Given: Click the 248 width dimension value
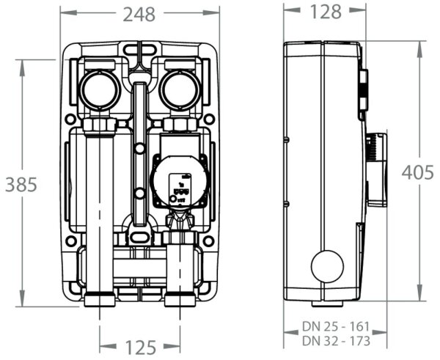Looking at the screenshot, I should tap(139, 12).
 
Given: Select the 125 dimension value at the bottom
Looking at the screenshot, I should tap(139, 345).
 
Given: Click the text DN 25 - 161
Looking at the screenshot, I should tap(337, 326).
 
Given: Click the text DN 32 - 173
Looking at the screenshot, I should tap(337, 341).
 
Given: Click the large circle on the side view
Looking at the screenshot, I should tap(327, 266).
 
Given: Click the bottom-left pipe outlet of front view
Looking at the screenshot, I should tap(99, 299).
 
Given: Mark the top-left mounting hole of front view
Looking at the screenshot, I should tap(71, 119).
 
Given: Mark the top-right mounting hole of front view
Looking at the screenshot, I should tap(209, 119).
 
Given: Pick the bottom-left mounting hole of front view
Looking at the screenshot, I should tap(71, 240).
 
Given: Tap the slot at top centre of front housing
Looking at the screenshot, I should tap(139, 51).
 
